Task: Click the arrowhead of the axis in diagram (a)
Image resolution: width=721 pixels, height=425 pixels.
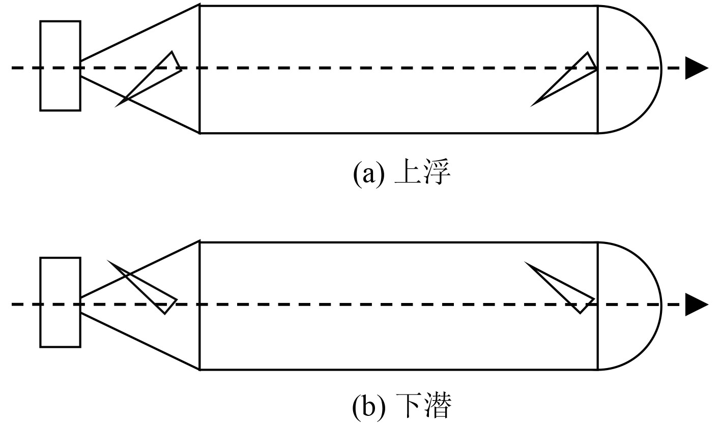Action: [697, 68]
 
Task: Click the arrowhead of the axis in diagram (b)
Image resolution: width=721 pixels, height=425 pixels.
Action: [697, 305]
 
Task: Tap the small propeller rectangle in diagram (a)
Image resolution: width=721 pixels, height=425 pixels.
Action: [60, 66]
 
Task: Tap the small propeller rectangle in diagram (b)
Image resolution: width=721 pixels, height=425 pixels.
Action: [60, 302]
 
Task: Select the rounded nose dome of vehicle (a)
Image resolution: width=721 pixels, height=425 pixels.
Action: [628, 70]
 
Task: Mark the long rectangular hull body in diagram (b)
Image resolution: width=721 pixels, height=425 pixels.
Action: [397, 336]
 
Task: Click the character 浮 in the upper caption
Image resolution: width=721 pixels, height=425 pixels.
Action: [437, 174]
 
